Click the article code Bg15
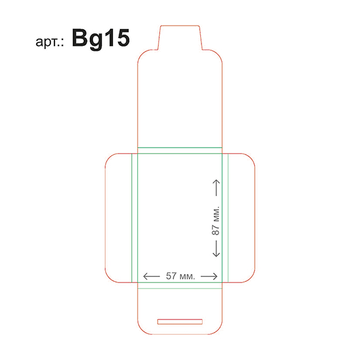pyautogui.click(x=101, y=39)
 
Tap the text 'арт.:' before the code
pyautogui.click(x=50, y=42)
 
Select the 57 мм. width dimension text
pyautogui.click(x=180, y=276)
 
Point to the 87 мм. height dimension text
pyautogui.click(x=215, y=221)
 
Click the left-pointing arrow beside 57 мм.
pyautogui.click(x=151, y=276)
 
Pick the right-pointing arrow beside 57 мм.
pyautogui.click(x=209, y=276)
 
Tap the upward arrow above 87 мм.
pyautogui.click(x=216, y=188)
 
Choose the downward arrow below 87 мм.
pyautogui.click(x=216, y=249)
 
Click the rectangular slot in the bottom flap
pyautogui.click(x=180, y=322)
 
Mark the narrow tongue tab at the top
pyautogui.click(x=180, y=38)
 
